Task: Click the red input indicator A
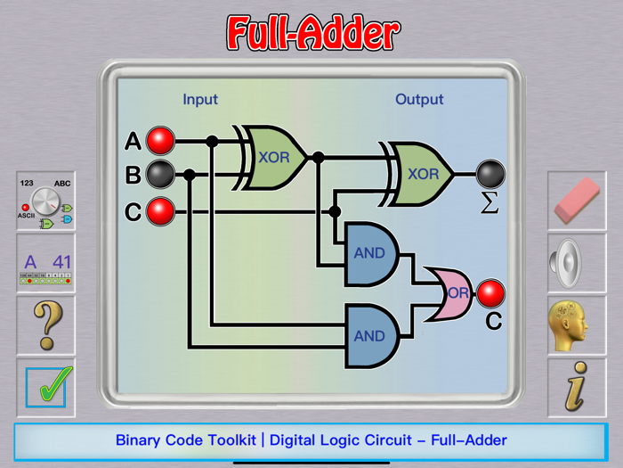pyautogui.click(x=161, y=141)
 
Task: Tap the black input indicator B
pyautogui.click(x=161, y=175)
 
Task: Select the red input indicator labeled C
pyautogui.click(x=161, y=211)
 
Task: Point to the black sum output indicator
pyautogui.click(x=490, y=174)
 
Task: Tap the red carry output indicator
pyautogui.click(x=490, y=292)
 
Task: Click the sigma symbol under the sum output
pyautogui.click(x=489, y=204)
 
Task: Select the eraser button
pyautogui.click(x=578, y=201)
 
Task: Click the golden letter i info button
pyautogui.click(x=577, y=388)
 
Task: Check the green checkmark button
pyautogui.click(x=45, y=388)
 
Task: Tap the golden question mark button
pyautogui.click(x=45, y=325)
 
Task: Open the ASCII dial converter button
pyautogui.click(x=45, y=201)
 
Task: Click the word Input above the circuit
pyautogui.click(x=200, y=99)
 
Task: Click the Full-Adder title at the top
pyautogui.click(x=312, y=33)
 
